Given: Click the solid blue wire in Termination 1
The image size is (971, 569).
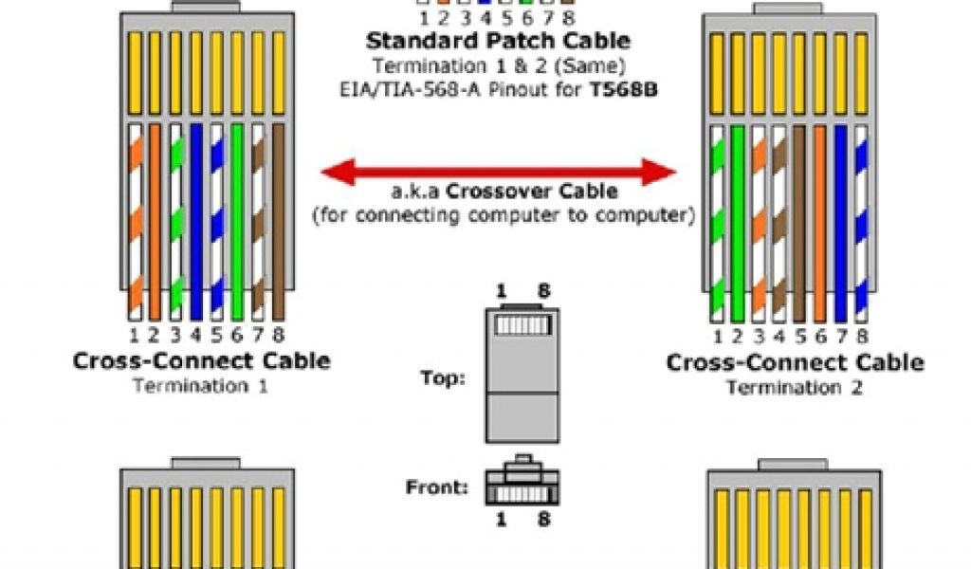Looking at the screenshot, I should click(x=196, y=223).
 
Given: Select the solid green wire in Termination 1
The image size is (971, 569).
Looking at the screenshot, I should click(x=237, y=223).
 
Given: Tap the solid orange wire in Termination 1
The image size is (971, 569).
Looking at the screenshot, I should click(x=155, y=223).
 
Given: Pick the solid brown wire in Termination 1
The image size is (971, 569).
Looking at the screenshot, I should click(x=278, y=223).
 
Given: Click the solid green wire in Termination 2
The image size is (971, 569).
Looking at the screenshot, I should click(x=738, y=223).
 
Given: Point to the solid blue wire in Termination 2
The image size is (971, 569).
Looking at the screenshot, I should click(x=840, y=223).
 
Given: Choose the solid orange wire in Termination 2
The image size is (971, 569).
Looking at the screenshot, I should click(x=820, y=223).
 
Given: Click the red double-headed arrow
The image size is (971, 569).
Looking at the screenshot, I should click(x=499, y=173).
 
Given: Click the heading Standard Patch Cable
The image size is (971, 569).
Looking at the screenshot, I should click(x=498, y=42).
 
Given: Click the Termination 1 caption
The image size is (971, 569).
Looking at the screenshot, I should click(x=201, y=386).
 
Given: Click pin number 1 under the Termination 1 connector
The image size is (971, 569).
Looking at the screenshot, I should click(x=134, y=335).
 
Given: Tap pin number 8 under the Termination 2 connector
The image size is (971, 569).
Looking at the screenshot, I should click(x=861, y=336).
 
